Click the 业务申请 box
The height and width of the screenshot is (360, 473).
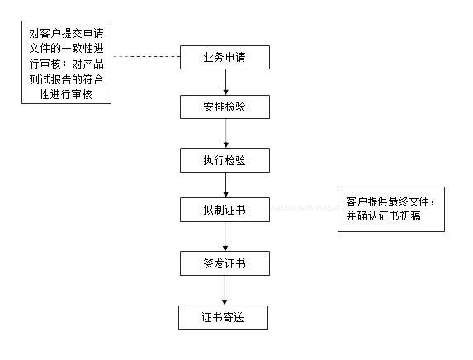[225, 57]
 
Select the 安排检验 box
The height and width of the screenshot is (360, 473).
[225, 107]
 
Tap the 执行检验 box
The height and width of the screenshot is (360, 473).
[225, 160]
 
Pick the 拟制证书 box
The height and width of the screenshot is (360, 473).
[225, 210]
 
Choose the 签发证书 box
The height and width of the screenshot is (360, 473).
[225, 263]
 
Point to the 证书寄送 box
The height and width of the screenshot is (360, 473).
[223, 318]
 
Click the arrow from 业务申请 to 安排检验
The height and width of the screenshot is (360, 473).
[225, 82]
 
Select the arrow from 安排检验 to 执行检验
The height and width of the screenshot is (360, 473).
[225, 134]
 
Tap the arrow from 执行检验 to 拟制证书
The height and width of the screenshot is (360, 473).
[225, 185]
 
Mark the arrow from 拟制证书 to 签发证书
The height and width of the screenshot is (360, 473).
[225, 237]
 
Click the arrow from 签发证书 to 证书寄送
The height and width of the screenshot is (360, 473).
[225, 291]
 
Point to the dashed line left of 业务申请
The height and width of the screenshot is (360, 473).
[146, 56]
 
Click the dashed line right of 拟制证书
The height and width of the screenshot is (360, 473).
[304, 211]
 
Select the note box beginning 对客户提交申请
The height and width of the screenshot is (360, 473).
[66, 63]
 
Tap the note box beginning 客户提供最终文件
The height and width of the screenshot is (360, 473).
[391, 209]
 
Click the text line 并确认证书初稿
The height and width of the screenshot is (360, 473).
[383, 216]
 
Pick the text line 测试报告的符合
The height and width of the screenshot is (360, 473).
[66, 79]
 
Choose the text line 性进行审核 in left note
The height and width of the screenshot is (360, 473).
[66, 94]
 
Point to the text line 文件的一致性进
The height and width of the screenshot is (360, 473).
[66, 48]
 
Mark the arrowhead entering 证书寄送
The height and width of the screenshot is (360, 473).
[225, 303]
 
